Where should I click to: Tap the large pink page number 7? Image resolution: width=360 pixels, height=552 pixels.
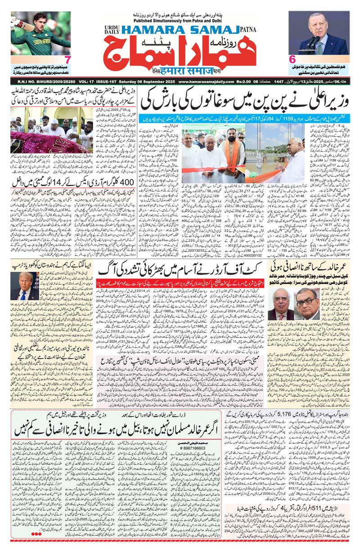point(67,59)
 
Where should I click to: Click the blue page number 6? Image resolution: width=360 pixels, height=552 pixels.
point(292,59)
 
